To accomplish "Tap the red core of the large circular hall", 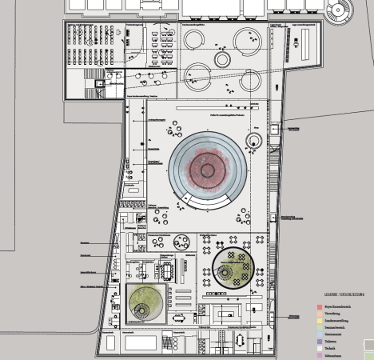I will click(207, 170).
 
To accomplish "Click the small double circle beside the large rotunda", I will click(254, 142).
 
